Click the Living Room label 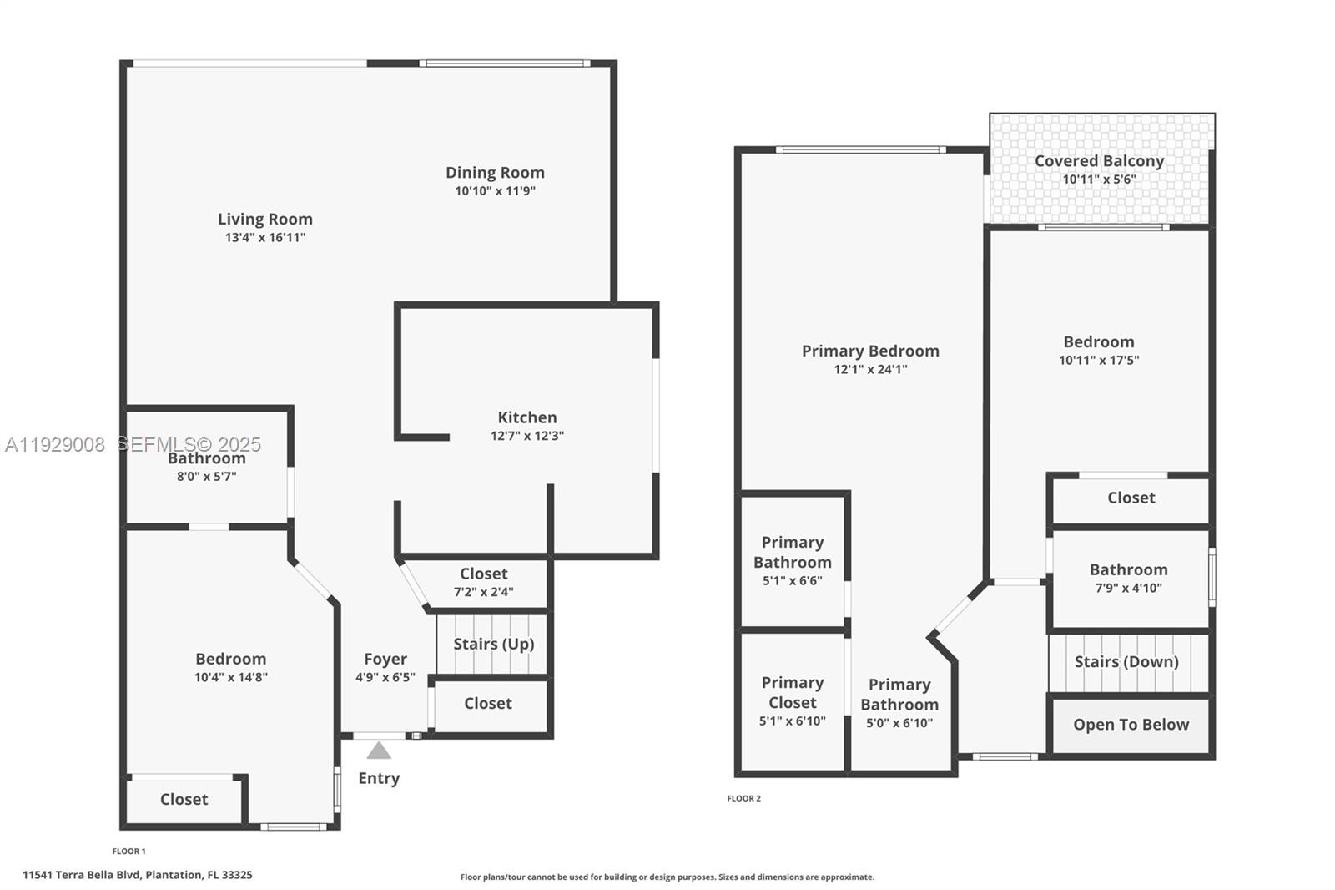click(x=265, y=219)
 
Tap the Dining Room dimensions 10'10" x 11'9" click(x=495, y=191)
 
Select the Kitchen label click(x=526, y=417)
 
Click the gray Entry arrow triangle click(x=379, y=751)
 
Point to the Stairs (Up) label click(x=493, y=644)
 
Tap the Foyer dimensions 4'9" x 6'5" click(x=385, y=677)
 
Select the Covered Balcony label click(x=1099, y=161)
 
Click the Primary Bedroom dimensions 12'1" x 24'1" click(x=870, y=369)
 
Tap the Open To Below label click(x=1131, y=725)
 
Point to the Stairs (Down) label click(x=1126, y=661)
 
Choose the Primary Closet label click(x=793, y=692)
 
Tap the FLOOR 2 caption click(x=743, y=798)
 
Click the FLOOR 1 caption click(x=128, y=852)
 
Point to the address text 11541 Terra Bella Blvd click(x=138, y=875)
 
